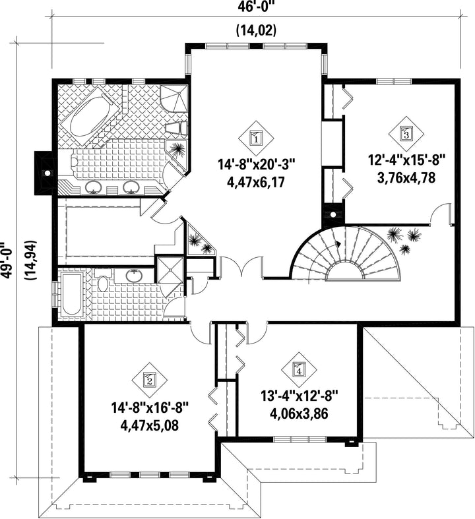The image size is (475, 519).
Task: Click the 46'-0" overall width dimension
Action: coord(257,7)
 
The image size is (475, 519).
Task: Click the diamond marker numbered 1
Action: coord(256,137)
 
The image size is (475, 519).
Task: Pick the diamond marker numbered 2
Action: coord(149,379)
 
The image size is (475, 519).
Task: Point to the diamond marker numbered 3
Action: coord(406,133)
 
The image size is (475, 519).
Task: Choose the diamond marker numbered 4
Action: coord(299,369)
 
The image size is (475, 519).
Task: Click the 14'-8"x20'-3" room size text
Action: coord(256,164)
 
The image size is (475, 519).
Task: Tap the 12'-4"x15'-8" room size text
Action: coord(407,161)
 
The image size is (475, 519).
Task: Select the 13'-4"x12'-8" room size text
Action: coord(300,396)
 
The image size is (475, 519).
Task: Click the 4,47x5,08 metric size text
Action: coord(150,425)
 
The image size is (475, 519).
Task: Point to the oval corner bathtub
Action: coord(88,117)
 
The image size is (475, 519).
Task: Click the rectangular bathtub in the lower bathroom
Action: coord(71,294)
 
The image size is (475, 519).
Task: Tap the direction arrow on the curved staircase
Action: coord(338,244)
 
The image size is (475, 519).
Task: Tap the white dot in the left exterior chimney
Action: coord(47,173)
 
